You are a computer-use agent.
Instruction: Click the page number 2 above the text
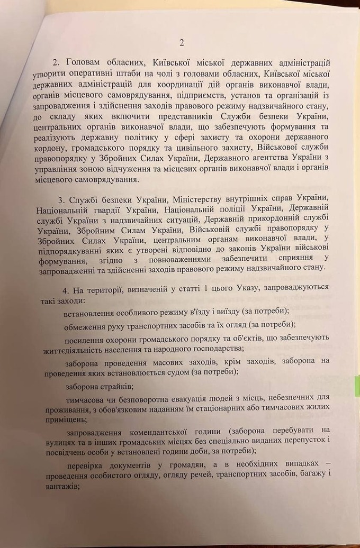point(181,43)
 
